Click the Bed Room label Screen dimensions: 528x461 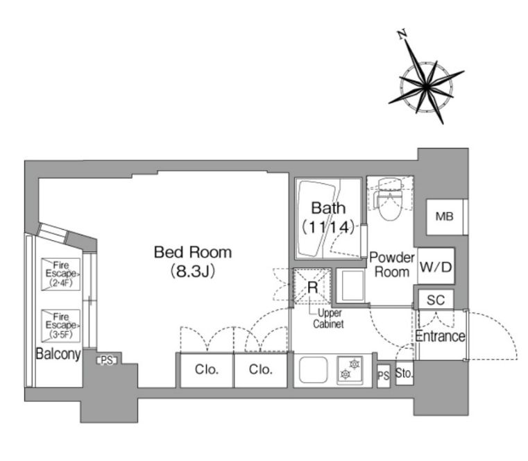pyautogui.click(x=193, y=253)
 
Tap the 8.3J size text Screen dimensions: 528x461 pyautogui.click(x=193, y=271)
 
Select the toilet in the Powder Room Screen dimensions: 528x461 pyautogui.click(x=391, y=199)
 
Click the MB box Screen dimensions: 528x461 pyautogui.click(x=445, y=217)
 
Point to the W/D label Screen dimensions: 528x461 pyautogui.click(x=436, y=267)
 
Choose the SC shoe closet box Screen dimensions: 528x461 pyautogui.click(x=436, y=299)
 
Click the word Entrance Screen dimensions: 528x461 pyautogui.click(x=440, y=336)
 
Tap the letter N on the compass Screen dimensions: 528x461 pyautogui.click(x=402, y=35)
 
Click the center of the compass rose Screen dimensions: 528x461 pyautogui.click(x=426, y=87)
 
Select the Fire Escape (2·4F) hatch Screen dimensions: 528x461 pyautogui.click(x=61, y=274)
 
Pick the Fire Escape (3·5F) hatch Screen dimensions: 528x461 pyautogui.click(x=61, y=326)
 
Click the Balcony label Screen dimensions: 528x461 pyautogui.click(x=58, y=354)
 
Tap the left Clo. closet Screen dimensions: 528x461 pyautogui.click(x=207, y=370)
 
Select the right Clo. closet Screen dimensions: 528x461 pyautogui.click(x=261, y=370)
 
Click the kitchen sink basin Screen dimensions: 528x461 pyautogui.click(x=313, y=369)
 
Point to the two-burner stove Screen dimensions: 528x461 pyautogui.click(x=350, y=369)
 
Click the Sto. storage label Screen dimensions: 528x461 pyautogui.click(x=404, y=373)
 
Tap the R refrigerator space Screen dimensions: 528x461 pyautogui.click(x=313, y=287)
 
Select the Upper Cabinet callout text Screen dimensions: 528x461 pyautogui.click(x=328, y=319)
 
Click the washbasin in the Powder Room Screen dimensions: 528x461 pyautogui.click(x=352, y=286)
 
